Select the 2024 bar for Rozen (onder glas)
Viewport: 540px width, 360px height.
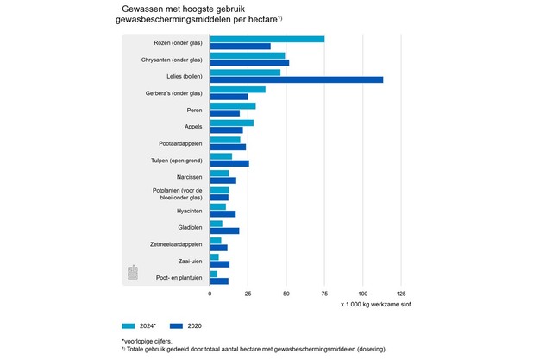(x=267, y=39)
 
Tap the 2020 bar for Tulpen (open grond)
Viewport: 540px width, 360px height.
(x=229, y=163)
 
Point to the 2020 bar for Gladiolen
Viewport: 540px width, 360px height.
(x=224, y=231)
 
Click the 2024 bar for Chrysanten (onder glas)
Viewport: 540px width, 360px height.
(x=247, y=55)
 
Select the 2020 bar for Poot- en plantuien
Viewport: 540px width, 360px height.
(x=219, y=281)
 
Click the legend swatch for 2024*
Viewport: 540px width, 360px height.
(x=129, y=326)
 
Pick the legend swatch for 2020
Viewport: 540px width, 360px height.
(x=179, y=326)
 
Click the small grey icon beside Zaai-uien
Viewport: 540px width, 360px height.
(x=133, y=273)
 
